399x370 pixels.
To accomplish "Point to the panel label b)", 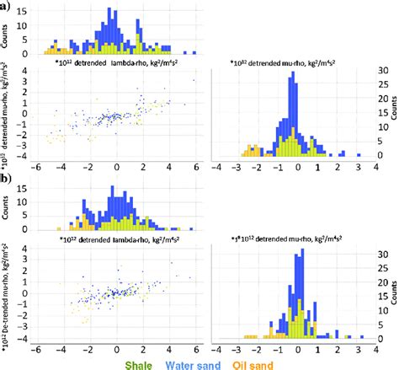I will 6,180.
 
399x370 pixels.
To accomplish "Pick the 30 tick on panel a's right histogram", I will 380,72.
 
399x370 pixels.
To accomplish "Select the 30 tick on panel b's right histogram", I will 380,254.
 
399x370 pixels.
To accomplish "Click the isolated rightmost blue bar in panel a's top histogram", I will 196,50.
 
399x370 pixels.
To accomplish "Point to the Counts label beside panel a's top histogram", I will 9,32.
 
